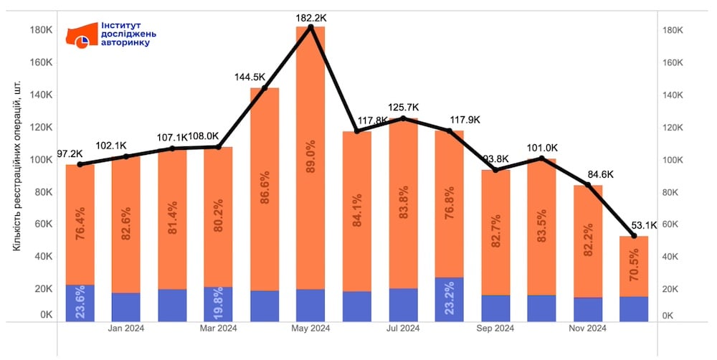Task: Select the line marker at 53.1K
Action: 634,236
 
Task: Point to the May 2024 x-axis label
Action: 310,328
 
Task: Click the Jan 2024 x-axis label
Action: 126,328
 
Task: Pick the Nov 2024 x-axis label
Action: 587,328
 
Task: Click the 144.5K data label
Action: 250,77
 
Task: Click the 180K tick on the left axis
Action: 41,30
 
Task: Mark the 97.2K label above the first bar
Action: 70,154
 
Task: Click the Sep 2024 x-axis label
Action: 495,328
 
